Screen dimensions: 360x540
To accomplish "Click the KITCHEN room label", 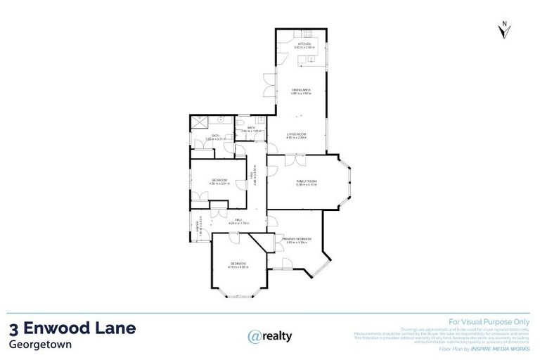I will click(304, 44).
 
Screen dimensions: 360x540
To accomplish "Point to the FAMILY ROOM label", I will click(307, 181).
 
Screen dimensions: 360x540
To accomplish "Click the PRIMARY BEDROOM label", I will click(297, 239).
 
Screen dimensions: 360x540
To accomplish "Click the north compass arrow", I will click(503, 30).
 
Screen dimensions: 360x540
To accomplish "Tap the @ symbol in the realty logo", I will click(255, 336).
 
